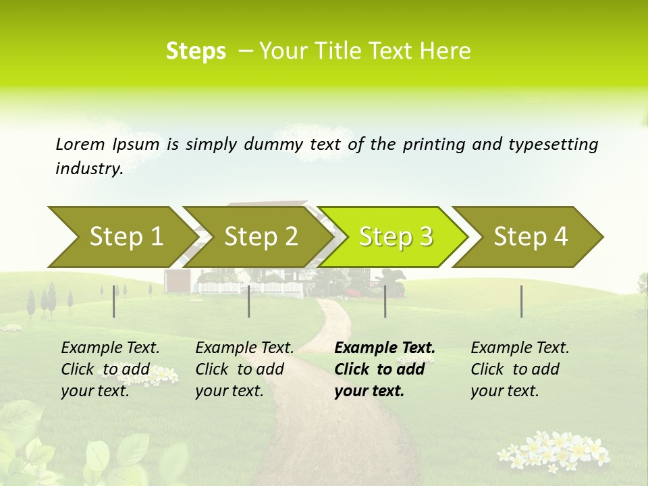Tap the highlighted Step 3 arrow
(x=395, y=237)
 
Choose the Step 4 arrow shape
(x=530, y=237)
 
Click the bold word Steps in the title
(x=196, y=51)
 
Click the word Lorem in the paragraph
(x=80, y=144)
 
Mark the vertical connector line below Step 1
(x=114, y=301)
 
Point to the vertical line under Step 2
(x=249, y=301)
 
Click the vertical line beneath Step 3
(x=385, y=301)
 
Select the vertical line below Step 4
(x=521, y=301)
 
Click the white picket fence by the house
(x=250, y=288)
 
